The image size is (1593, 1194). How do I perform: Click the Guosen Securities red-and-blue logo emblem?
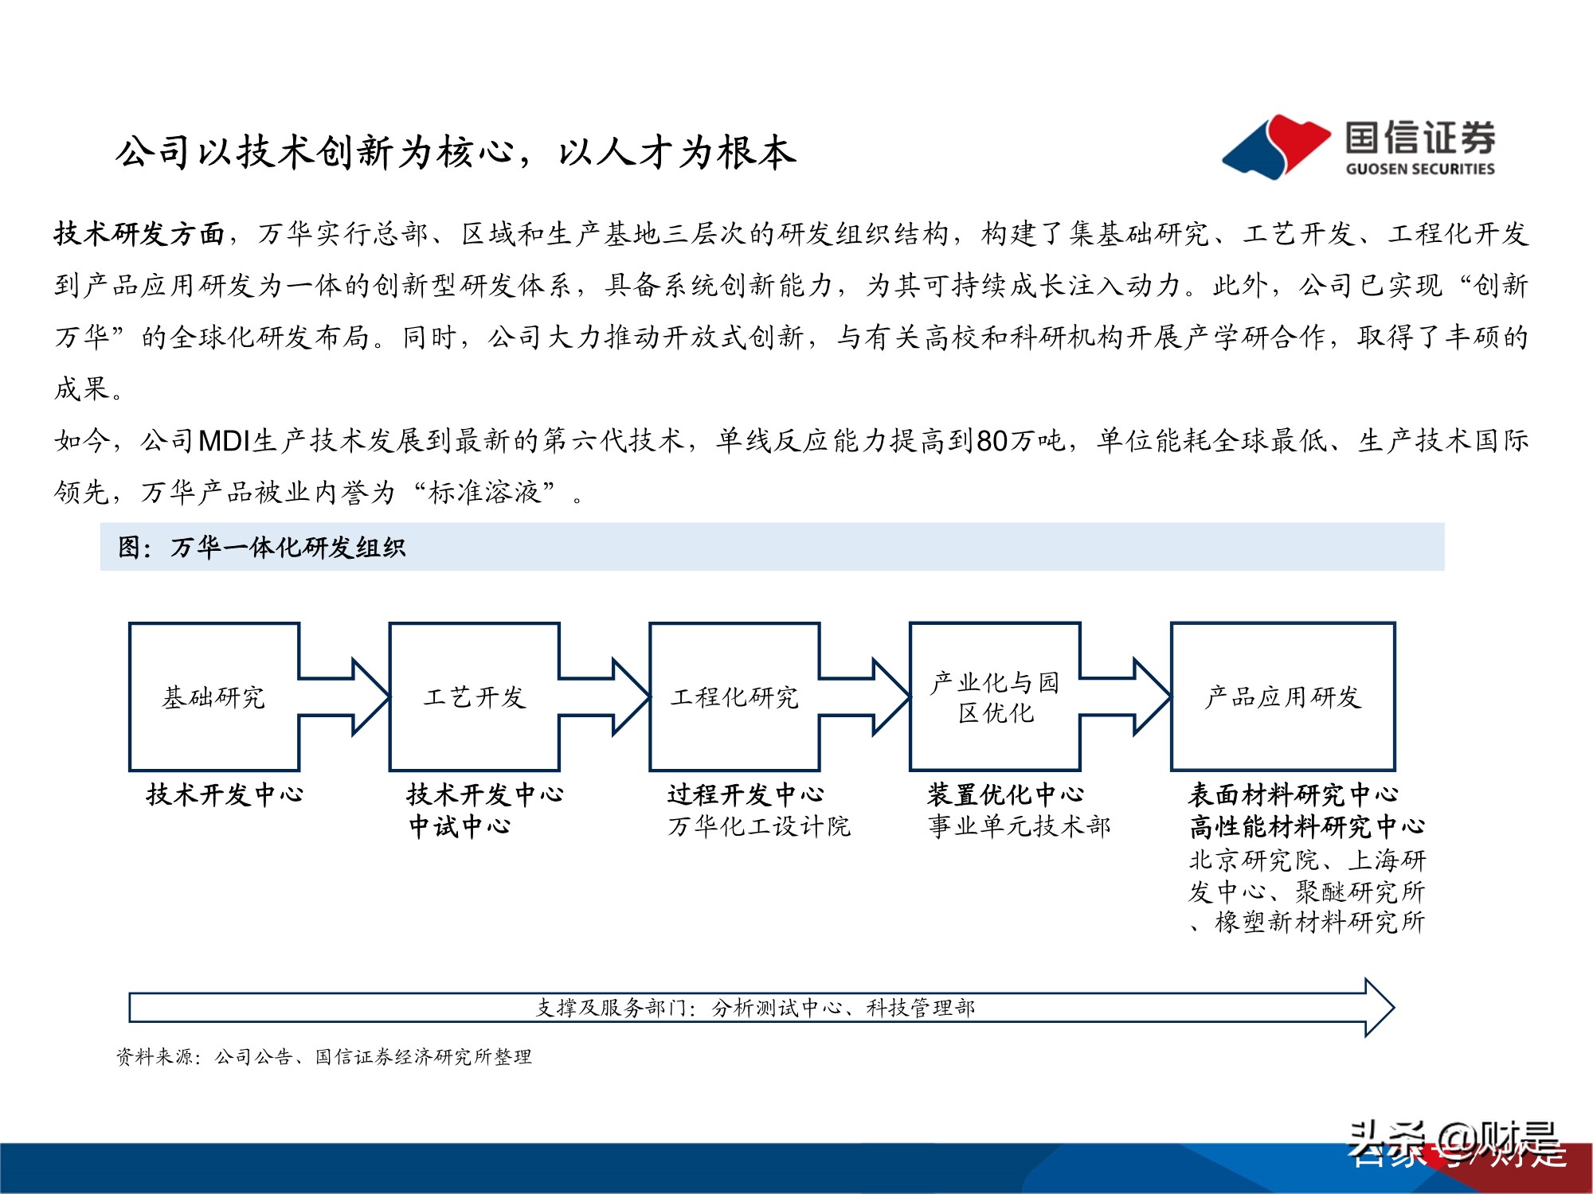[x=1274, y=146]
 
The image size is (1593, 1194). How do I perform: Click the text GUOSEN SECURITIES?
[x=1419, y=169]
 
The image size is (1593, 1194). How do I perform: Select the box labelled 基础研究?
[x=213, y=697]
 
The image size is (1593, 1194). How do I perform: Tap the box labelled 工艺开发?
[x=474, y=697]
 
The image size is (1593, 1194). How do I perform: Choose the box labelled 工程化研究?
[x=734, y=697]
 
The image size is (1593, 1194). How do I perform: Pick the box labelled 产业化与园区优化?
[x=995, y=697]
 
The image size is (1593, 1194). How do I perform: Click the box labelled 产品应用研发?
[x=1282, y=697]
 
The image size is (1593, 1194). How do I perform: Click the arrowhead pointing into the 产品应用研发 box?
[x=1151, y=697]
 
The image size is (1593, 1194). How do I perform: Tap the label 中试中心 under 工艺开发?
[x=460, y=826]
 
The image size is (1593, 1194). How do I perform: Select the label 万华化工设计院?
[x=759, y=826]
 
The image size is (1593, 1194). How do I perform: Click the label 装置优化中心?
[x=1005, y=794]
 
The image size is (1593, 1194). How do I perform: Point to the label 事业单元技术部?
[x=1019, y=826]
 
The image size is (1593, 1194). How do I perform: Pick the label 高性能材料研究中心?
[x=1306, y=826]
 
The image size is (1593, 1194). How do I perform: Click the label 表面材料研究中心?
[x=1293, y=794]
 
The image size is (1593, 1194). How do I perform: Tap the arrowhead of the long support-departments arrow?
[x=1379, y=1008]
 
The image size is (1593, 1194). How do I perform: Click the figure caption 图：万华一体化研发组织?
[x=262, y=548]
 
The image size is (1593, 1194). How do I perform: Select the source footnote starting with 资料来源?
[x=323, y=1057]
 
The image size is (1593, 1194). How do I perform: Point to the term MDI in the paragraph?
[x=224, y=440]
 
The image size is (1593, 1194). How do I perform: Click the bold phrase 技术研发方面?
[x=139, y=234]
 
